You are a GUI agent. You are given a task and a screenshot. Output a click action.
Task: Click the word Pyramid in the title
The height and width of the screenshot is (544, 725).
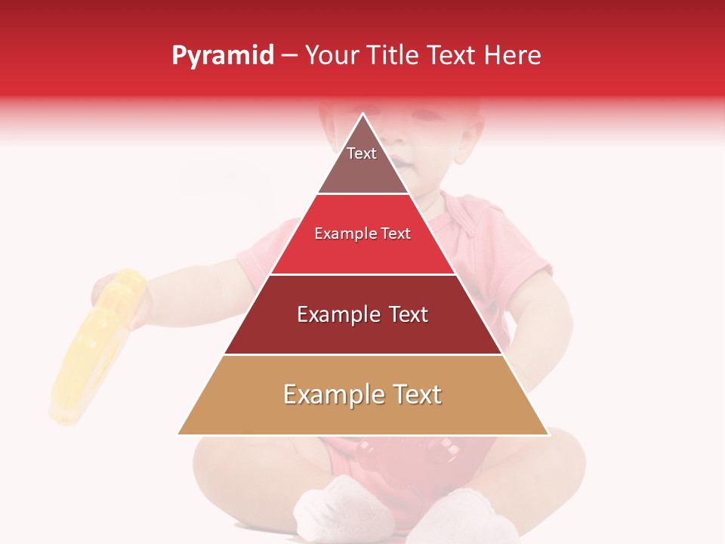tap(223, 56)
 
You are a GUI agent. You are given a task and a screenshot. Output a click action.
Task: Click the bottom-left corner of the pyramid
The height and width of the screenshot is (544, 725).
tap(180, 434)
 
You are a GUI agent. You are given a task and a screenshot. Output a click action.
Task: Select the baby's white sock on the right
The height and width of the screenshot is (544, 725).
tap(461, 518)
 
